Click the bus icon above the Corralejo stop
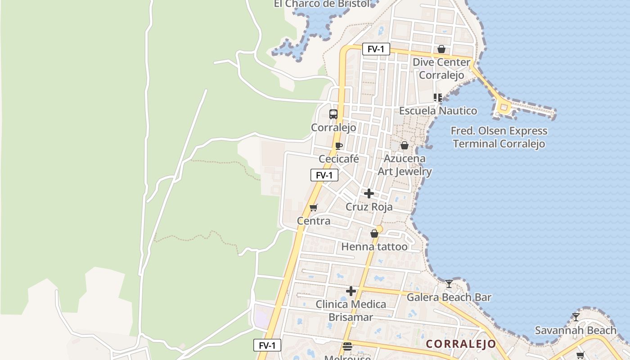point(333,114)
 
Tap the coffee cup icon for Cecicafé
point(339,146)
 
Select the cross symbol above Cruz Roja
point(369,193)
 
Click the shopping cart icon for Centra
point(314,207)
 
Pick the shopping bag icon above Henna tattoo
point(374,234)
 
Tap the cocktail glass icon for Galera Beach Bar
point(449,283)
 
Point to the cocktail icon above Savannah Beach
point(576,317)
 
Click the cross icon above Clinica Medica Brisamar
point(351,291)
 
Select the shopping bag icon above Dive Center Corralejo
point(441,49)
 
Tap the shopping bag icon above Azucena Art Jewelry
point(405,145)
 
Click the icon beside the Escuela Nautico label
point(438,97)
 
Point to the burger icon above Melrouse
point(347,346)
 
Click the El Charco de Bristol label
point(322,4)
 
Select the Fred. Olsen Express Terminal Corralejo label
point(499,137)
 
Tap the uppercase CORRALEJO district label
point(461,344)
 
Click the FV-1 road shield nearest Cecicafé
point(324,175)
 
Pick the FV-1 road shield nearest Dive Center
point(376,49)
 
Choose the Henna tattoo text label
point(374,247)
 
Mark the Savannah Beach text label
point(576,330)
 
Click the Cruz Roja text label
point(369,207)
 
